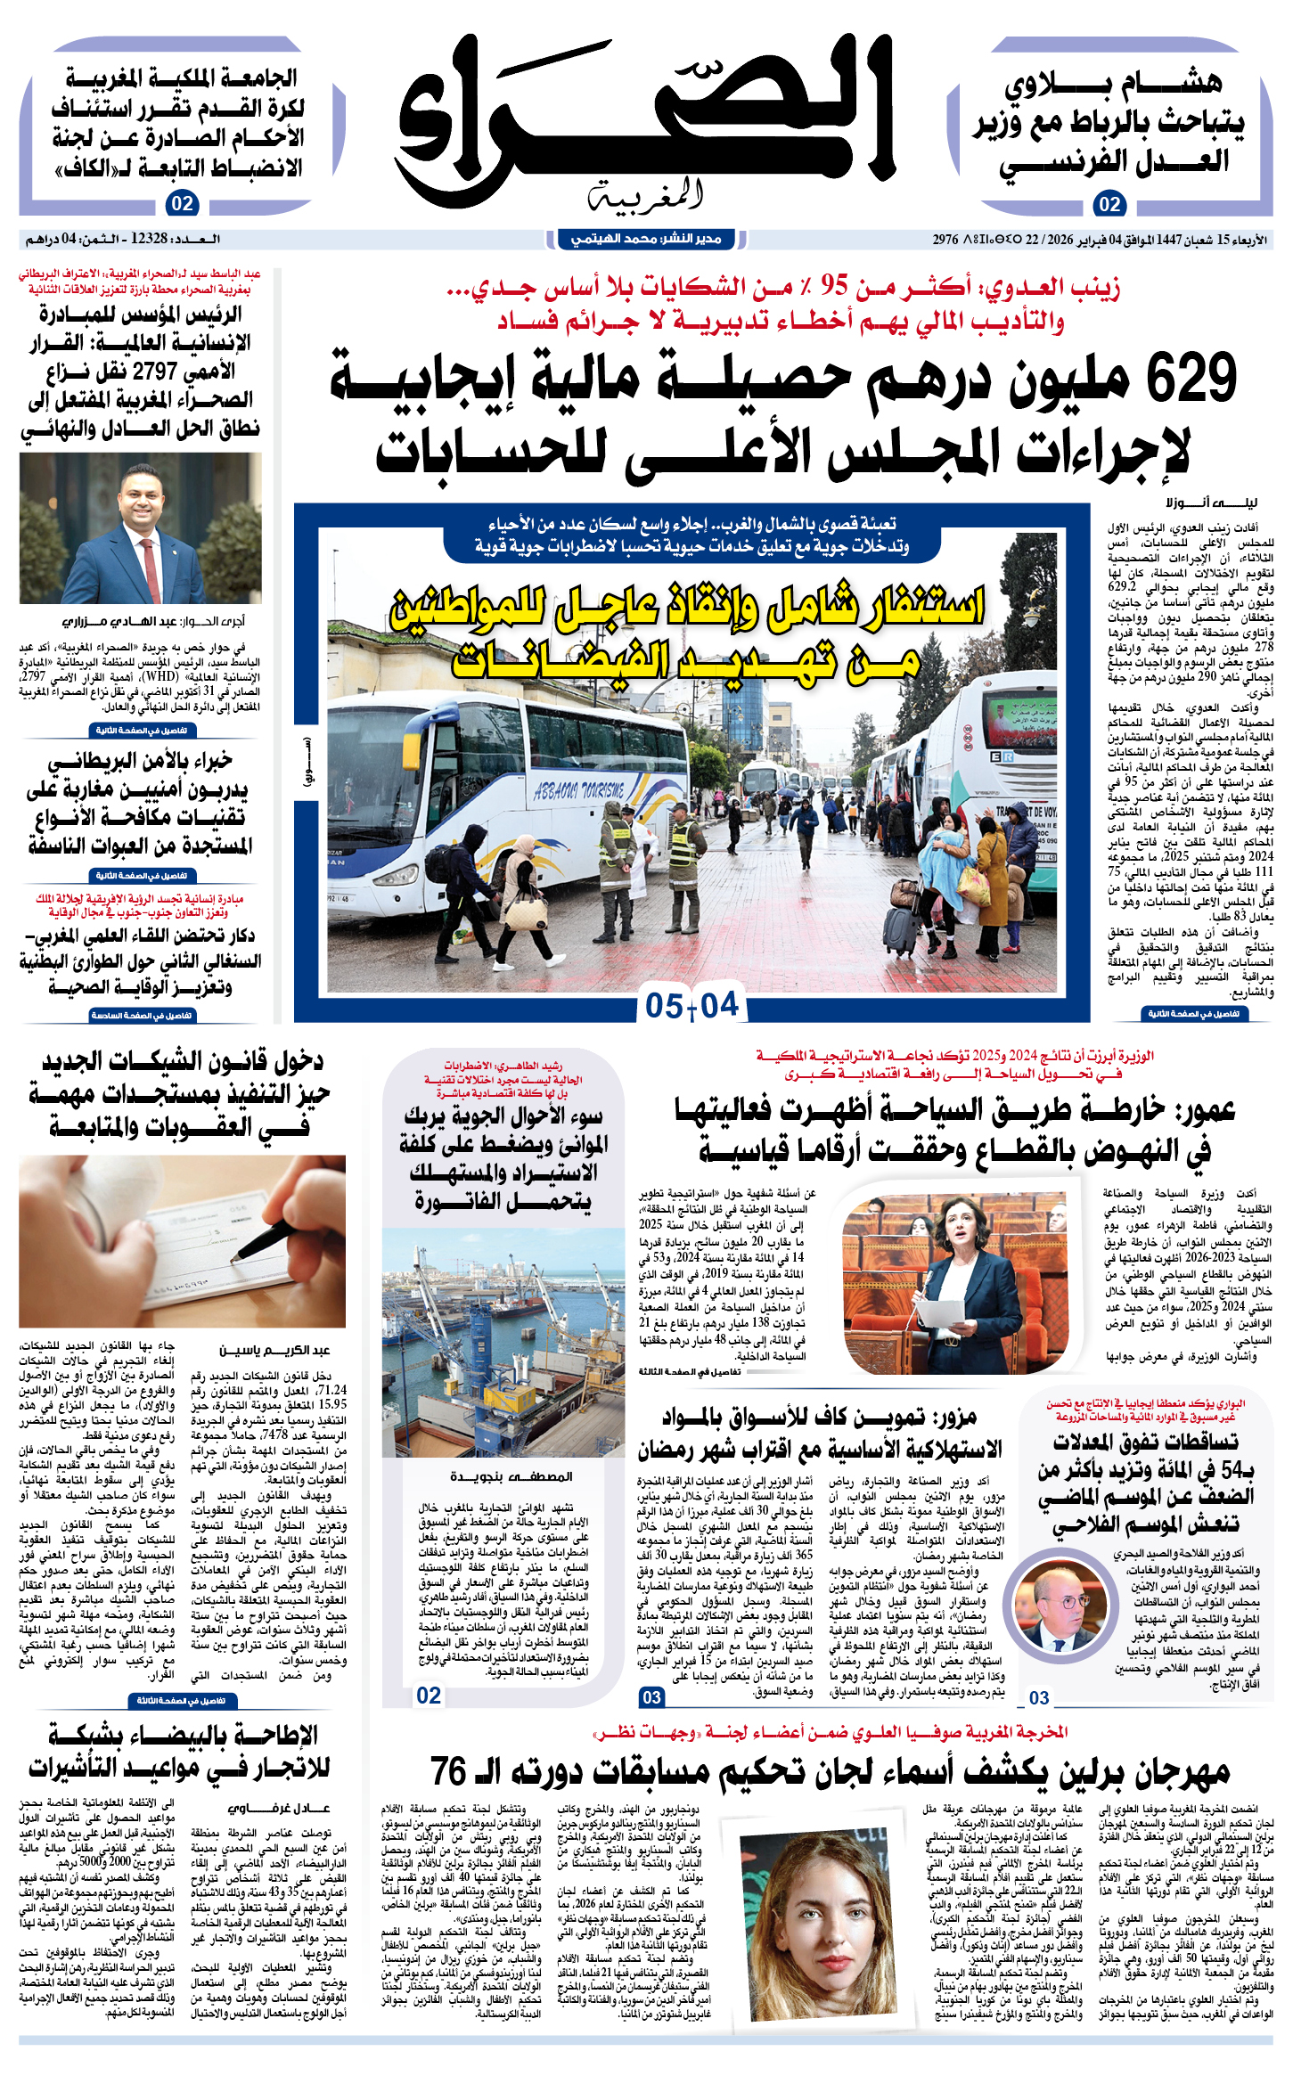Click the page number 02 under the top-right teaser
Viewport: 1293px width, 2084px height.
pos(1109,204)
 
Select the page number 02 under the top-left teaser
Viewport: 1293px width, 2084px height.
pos(182,204)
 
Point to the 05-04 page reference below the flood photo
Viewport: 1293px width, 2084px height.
pos(692,1006)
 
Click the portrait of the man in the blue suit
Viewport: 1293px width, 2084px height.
pos(140,528)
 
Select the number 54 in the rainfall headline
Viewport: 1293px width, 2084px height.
pos(1231,1469)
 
